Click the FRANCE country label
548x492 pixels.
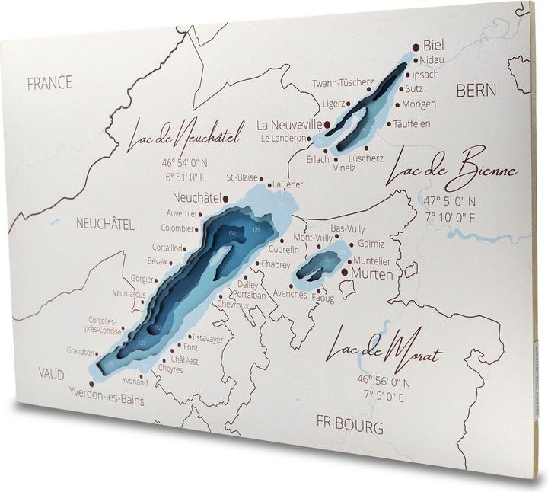49,83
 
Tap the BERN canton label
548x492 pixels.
476,91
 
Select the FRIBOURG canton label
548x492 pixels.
349,426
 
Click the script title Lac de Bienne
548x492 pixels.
451,173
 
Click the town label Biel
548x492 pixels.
432,45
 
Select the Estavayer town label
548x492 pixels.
207,337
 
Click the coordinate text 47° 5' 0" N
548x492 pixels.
450,202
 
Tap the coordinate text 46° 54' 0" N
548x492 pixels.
183,163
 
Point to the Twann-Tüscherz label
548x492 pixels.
342,82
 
